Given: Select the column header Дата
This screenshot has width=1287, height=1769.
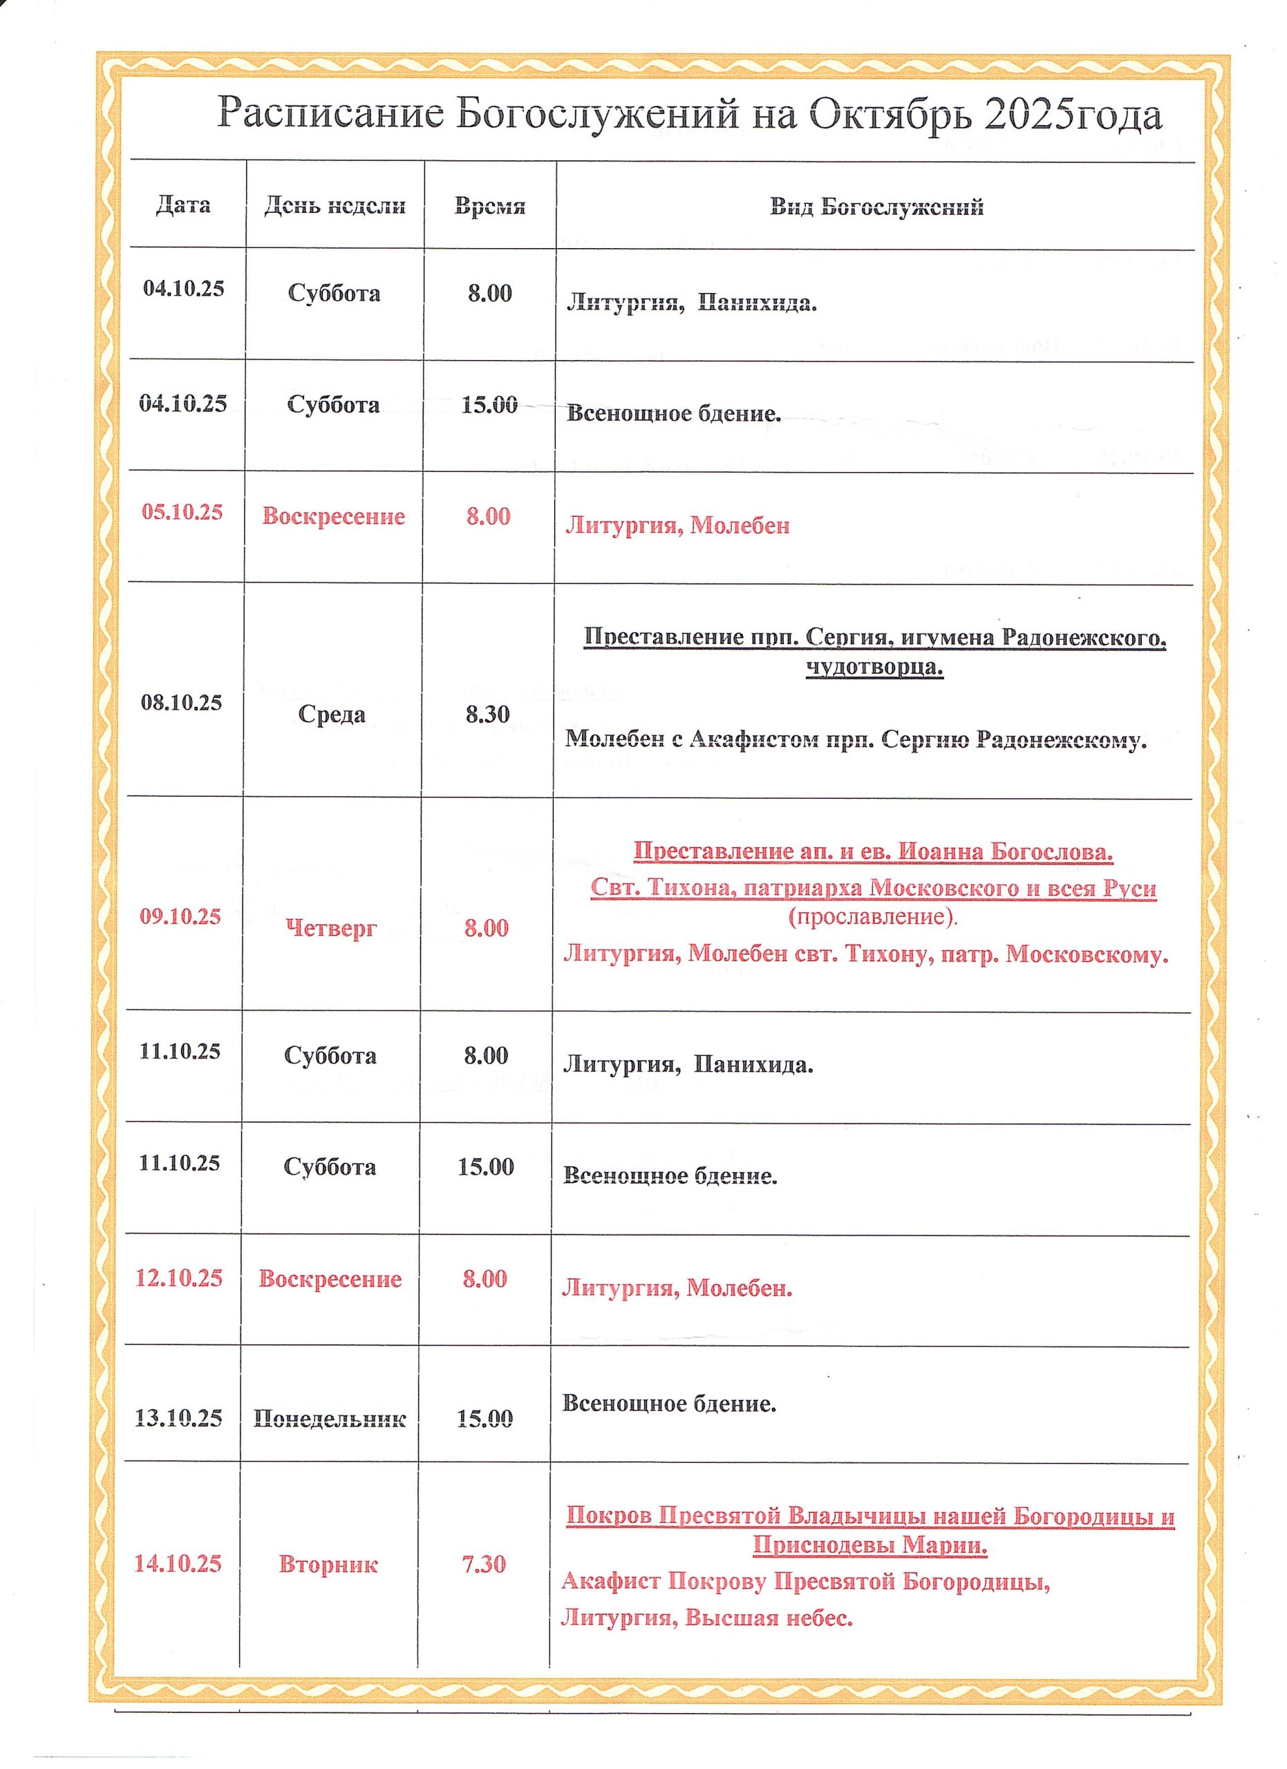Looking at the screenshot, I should [x=183, y=205].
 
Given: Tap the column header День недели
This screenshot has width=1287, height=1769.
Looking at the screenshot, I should [x=335, y=206].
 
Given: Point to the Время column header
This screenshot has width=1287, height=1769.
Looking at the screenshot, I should [x=490, y=207].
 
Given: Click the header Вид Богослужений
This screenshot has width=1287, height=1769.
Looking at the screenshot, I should [x=876, y=207].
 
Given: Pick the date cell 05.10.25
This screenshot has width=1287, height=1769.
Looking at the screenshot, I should [x=182, y=513].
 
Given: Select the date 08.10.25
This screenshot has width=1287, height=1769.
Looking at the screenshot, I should [x=182, y=703].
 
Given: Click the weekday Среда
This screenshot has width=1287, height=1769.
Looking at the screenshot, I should [x=332, y=715].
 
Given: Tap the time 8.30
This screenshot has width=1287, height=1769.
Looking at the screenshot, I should [x=487, y=715].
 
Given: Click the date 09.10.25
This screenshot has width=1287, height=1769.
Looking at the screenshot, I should [x=181, y=916].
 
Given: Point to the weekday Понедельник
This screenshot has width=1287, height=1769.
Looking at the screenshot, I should [x=329, y=1419].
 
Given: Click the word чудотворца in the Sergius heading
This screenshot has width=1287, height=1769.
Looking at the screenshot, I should [x=874, y=668].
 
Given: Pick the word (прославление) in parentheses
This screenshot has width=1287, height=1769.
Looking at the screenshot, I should [x=873, y=916].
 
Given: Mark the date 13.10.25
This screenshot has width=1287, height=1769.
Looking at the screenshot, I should [x=178, y=1418].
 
